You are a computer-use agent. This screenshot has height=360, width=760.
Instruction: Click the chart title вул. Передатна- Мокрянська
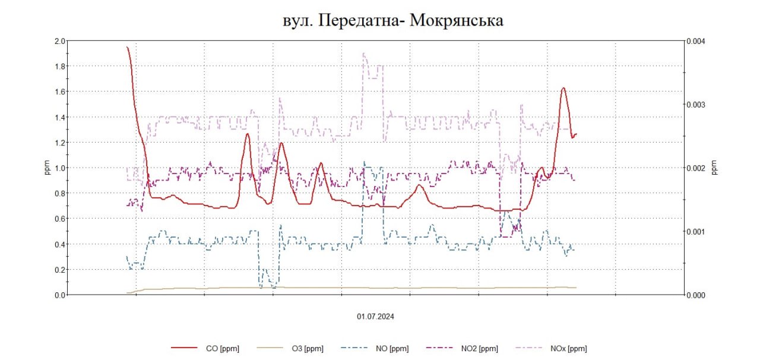[392, 21]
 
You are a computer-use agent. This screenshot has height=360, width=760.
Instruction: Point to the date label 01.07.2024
[375, 317]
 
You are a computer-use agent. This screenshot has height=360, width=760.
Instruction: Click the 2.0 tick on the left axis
[59, 41]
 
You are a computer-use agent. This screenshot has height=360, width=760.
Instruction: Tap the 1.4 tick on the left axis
[59, 117]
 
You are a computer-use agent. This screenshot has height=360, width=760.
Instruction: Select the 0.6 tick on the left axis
[59, 219]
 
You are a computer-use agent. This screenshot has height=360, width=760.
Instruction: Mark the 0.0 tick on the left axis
[59, 295]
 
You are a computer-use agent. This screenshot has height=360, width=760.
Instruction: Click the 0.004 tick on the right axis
[696, 41]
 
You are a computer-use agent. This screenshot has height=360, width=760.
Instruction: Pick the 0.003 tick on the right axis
[696, 105]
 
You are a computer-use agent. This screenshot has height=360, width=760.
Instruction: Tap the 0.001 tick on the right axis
[696, 231]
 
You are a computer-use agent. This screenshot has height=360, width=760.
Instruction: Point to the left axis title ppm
[48, 168]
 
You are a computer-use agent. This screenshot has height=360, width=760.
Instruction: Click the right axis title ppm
[715, 168]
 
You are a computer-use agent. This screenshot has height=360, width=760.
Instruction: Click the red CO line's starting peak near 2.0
[128, 48]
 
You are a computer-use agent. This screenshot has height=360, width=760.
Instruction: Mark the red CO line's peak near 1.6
[563, 89]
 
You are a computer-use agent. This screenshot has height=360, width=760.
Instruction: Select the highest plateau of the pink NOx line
[364, 55]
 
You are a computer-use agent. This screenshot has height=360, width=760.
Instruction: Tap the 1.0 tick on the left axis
[59, 168]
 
